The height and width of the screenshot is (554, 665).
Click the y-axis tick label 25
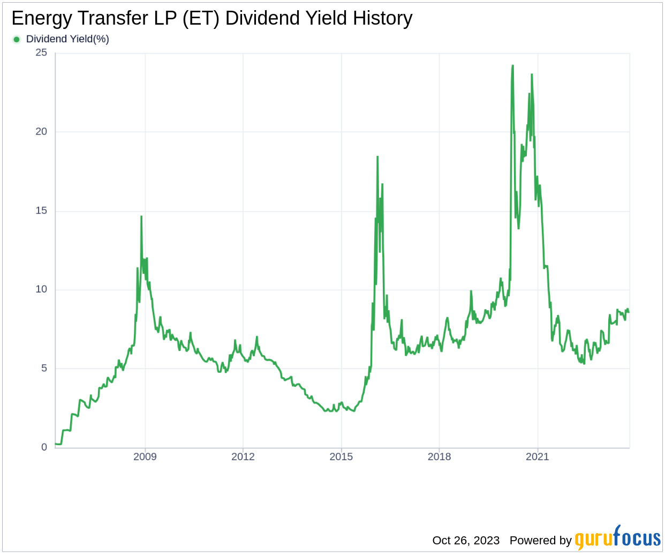pos(41,53)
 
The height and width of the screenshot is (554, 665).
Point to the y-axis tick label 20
pos(41,131)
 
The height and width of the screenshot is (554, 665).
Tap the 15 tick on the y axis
pos(41,211)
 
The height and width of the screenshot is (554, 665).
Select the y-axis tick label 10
pos(41,289)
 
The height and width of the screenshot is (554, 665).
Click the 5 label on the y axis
pos(44,368)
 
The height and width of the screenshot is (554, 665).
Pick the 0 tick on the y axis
pos(44,447)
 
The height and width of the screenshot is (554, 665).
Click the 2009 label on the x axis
pos(145,456)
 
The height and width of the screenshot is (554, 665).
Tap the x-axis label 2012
pos(243,456)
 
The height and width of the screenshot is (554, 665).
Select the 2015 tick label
pos(341,456)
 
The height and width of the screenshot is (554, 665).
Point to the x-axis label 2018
pos(439,456)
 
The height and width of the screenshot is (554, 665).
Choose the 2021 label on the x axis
pos(537,456)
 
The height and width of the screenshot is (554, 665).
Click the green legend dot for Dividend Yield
pos(17,39)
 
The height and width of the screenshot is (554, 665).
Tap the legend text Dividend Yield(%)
pos(67,39)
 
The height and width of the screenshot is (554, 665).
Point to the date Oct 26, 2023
pos(466,540)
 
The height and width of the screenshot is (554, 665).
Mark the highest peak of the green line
pos(512,66)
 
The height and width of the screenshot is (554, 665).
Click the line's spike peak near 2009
pos(141,216)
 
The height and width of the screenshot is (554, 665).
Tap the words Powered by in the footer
pos(540,540)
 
